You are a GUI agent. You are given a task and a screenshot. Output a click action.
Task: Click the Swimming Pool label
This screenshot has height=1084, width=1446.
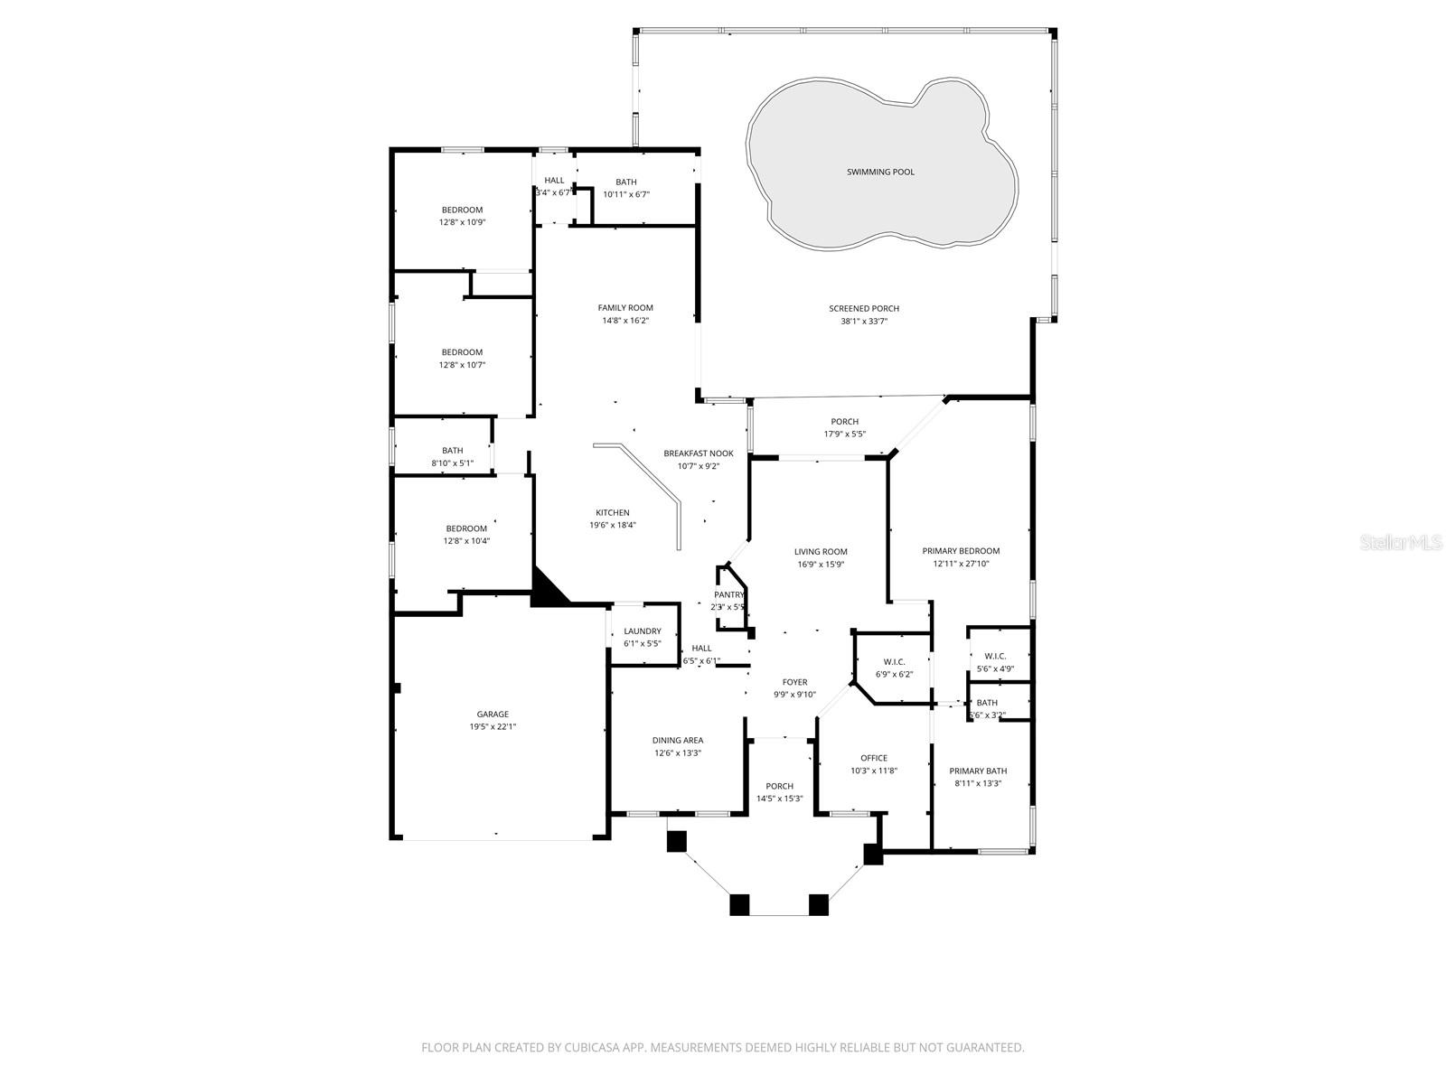tap(880, 172)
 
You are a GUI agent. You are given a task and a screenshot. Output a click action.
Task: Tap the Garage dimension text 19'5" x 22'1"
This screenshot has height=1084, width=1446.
tap(493, 726)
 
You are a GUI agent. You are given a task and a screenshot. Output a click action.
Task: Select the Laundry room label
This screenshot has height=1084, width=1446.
tap(642, 631)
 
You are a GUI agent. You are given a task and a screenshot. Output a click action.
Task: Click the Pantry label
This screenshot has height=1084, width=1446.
tap(728, 594)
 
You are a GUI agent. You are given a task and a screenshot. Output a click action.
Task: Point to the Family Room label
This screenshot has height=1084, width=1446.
tap(625, 308)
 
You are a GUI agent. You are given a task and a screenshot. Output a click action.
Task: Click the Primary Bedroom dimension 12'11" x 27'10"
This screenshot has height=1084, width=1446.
tap(961, 564)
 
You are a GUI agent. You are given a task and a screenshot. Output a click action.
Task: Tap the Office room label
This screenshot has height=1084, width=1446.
tap(874, 758)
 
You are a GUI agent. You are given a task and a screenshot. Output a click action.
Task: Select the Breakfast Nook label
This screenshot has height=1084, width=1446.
tap(699, 453)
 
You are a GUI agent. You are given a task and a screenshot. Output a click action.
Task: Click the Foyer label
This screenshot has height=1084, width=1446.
tap(794, 682)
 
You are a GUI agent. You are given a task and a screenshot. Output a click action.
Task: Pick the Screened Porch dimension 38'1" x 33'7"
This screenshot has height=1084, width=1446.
tap(864, 321)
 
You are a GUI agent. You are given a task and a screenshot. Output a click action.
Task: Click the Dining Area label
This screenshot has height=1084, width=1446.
tap(678, 740)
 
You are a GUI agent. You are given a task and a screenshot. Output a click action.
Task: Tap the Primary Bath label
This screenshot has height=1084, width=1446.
tap(978, 771)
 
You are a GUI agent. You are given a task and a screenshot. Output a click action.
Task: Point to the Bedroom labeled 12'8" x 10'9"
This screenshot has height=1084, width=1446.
tap(462, 210)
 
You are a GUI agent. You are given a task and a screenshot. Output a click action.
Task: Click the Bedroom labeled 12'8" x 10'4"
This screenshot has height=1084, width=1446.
tap(465, 528)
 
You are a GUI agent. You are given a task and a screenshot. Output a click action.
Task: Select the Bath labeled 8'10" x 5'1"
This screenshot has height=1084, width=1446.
tap(452, 451)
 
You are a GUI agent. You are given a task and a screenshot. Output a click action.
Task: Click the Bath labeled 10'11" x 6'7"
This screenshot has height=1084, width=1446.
tap(626, 182)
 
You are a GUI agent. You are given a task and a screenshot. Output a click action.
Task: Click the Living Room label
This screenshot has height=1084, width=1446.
tap(821, 552)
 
